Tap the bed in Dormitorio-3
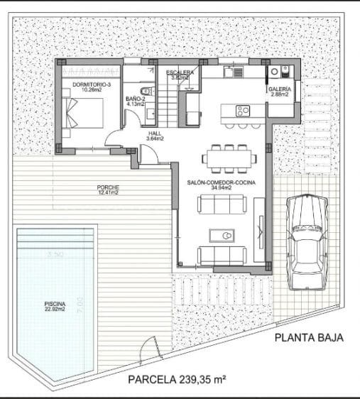(86, 112)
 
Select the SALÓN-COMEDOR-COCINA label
(221, 182)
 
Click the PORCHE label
(108, 187)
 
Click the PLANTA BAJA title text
(309, 338)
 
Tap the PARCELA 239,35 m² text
(177, 379)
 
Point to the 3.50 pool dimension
(55, 254)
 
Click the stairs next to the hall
(168, 106)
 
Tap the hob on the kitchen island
(242, 110)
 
